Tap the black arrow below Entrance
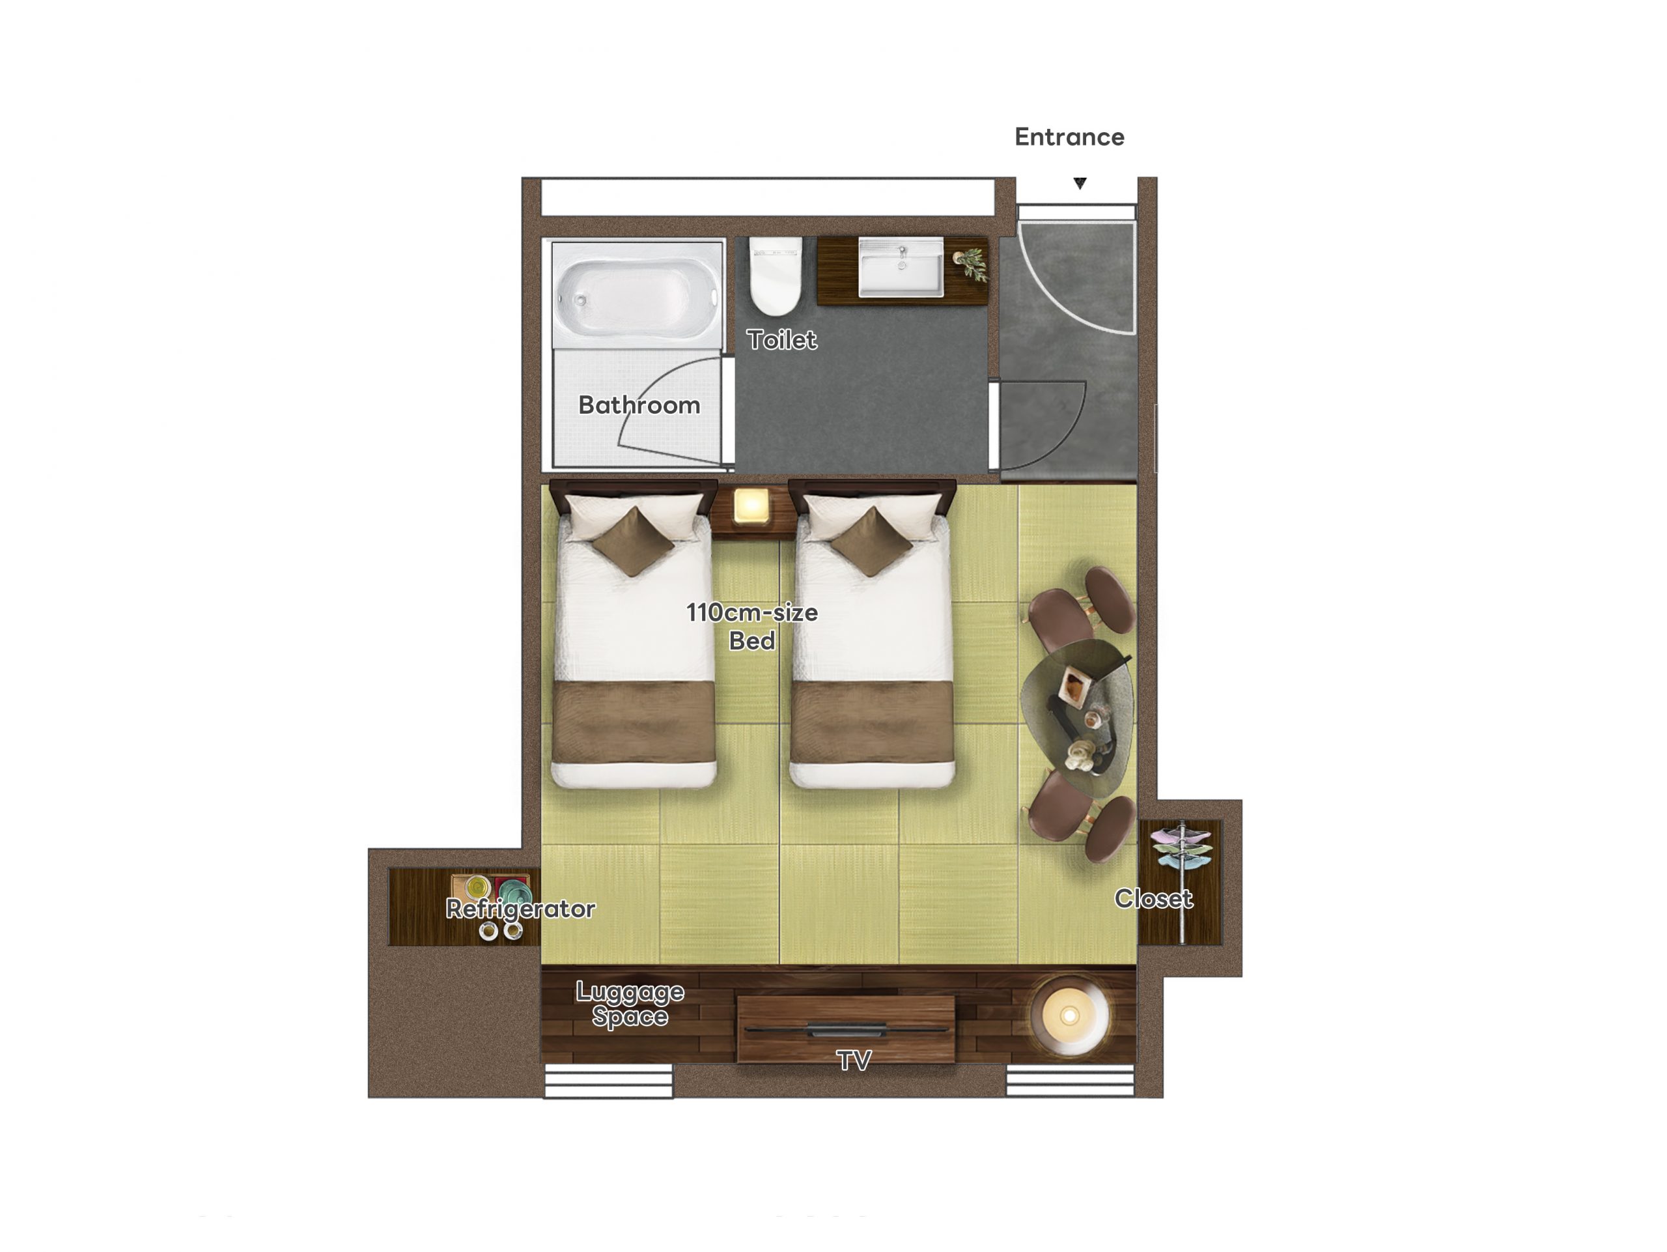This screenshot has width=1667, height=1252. click(1080, 183)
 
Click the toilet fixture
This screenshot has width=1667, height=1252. click(776, 276)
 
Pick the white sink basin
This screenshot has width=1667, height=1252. click(901, 268)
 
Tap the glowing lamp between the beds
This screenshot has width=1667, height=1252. click(751, 505)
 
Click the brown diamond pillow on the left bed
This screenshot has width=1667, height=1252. click(633, 541)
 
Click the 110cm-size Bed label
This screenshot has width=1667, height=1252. click(752, 627)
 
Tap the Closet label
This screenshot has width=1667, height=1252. click(1154, 898)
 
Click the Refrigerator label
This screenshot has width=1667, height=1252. click(521, 909)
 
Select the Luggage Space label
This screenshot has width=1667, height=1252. click(630, 1004)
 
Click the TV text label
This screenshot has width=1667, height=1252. click(854, 1061)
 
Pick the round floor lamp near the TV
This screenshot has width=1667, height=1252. click(1069, 1016)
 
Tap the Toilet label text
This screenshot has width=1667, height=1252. click(781, 340)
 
